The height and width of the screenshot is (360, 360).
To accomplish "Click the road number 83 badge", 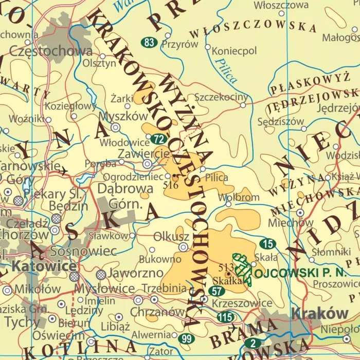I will (x=149, y=43).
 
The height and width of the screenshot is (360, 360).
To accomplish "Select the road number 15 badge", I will (x=267, y=244).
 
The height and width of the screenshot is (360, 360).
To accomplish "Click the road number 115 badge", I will (x=225, y=317).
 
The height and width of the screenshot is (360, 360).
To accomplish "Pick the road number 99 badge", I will (x=186, y=338).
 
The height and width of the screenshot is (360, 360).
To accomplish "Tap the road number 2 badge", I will (x=253, y=343).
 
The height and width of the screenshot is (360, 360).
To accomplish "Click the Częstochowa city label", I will (x=51, y=51).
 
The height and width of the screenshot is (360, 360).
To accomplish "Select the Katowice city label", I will (x=38, y=266).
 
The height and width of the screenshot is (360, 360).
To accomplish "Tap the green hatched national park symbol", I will (x=242, y=267).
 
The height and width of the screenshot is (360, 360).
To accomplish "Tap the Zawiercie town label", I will (x=143, y=153).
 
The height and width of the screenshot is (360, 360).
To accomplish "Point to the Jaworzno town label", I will (x=129, y=274).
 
